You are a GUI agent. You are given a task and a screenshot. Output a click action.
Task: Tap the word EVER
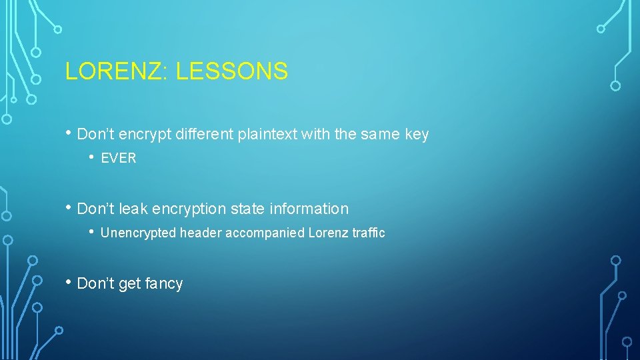pyautogui.click(x=119, y=158)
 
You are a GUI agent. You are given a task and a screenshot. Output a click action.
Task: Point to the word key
pyautogui.click(x=417, y=134)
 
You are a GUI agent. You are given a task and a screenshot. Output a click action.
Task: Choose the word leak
pyautogui.click(x=133, y=209)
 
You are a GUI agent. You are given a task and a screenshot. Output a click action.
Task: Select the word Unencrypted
pyautogui.click(x=139, y=233)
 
